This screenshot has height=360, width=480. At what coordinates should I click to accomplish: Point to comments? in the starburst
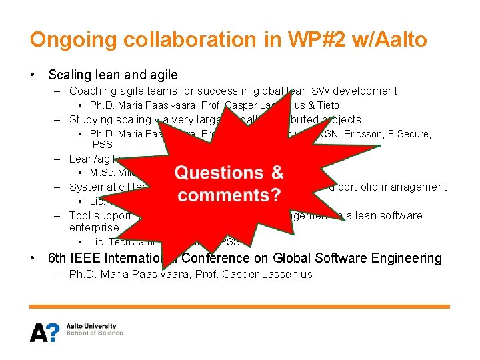[x=229, y=195]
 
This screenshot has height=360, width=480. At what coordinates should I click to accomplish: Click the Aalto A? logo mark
[x=45, y=331]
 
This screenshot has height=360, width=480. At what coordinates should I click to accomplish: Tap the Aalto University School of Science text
[x=95, y=329]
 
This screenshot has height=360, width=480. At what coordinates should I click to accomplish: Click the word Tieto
[x=327, y=105]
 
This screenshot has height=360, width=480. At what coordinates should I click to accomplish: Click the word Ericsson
[x=365, y=134]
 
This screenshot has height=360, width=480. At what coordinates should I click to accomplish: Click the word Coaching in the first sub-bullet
[x=92, y=91]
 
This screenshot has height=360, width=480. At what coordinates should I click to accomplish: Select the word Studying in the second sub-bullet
[x=91, y=119]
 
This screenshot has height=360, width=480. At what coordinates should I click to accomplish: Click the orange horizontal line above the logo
[x=240, y=307]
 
